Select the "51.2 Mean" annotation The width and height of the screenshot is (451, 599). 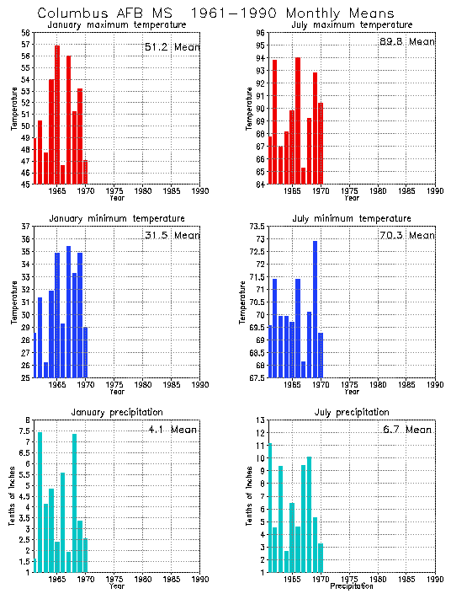point(172,47)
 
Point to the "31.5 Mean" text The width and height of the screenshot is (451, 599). point(172,236)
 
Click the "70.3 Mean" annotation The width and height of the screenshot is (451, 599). point(407,237)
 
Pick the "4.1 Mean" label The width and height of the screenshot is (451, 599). point(171,430)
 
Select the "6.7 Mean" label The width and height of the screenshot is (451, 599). point(407,430)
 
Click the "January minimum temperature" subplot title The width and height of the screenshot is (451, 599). point(116,218)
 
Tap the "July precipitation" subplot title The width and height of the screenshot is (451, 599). point(351,412)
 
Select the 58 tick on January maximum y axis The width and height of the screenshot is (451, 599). point(25,33)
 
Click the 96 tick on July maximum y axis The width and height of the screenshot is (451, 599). point(261,33)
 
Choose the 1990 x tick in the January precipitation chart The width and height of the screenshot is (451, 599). point(200,579)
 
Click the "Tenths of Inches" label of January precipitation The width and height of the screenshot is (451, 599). point(12,496)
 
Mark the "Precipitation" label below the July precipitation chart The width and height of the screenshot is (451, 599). point(351,586)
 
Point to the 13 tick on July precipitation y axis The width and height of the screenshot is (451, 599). point(261,420)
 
